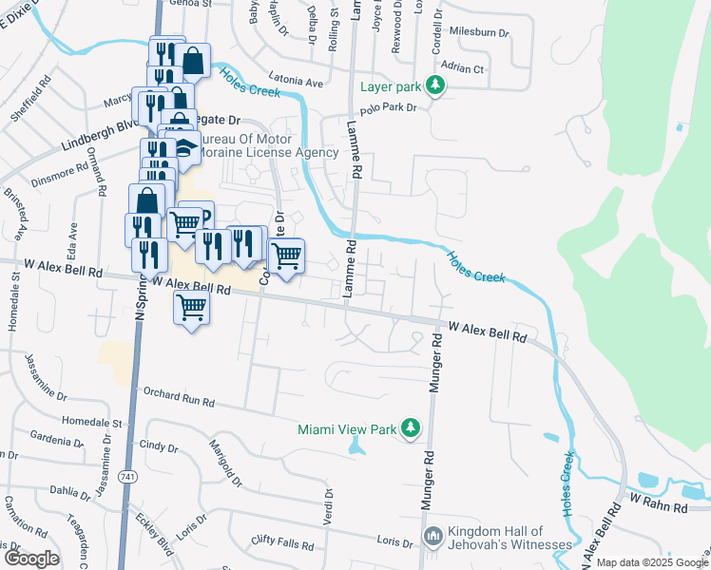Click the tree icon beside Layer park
coord(435,86)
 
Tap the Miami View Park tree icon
coord(410,429)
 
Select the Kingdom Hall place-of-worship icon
coord(432,538)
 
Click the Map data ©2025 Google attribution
coord(652,562)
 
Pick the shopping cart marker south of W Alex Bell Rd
coord(192,309)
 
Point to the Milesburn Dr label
coord(479,32)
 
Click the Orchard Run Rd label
coord(178,396)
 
